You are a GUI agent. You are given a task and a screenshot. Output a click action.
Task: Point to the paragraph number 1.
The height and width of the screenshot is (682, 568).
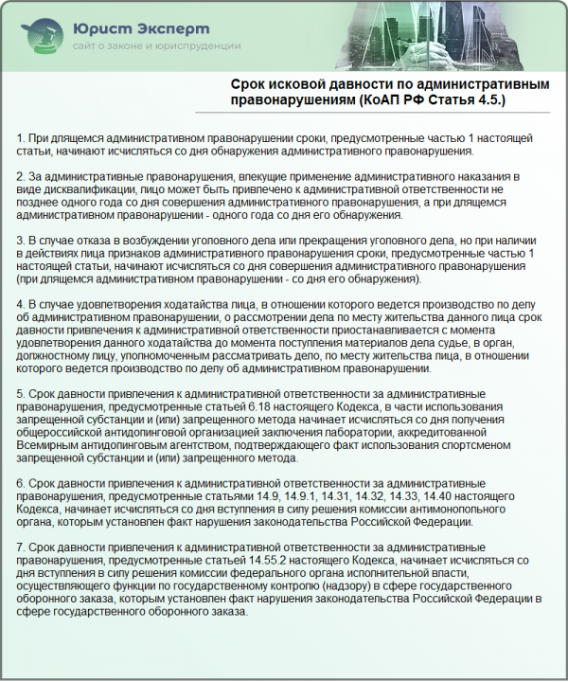[x=21, y=139]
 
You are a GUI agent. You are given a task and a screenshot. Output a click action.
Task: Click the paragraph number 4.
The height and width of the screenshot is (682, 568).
[x=21, y=304]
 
